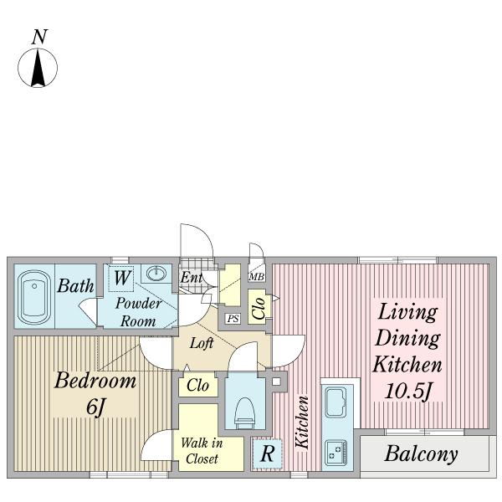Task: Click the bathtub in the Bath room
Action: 34,297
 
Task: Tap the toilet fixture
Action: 244,413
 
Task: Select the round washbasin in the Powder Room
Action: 156,274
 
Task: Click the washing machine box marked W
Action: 121,279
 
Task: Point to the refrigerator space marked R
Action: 268,453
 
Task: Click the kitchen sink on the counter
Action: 336,402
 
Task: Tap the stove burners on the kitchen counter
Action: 336,453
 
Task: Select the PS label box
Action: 233,319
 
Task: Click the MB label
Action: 257,277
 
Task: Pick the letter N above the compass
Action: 39,37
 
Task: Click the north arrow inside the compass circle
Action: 38,67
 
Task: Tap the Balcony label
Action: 421,454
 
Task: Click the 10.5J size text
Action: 408,391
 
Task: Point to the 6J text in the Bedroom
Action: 95,407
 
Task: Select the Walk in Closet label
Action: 202,451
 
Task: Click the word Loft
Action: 202,343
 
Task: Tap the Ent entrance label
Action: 191,277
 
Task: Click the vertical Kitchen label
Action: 302,422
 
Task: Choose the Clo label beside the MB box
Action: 259,308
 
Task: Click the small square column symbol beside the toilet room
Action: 276,382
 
